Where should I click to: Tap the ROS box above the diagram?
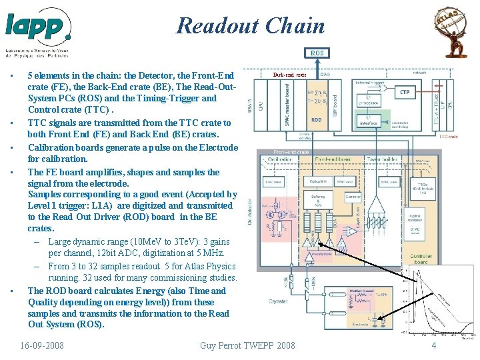point(317,53)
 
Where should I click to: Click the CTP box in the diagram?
point(405,92)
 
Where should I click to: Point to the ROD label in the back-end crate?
point(317,120)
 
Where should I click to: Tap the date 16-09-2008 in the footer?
point(43,345)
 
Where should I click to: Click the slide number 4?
point(433,345)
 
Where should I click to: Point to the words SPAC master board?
point(287,105)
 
